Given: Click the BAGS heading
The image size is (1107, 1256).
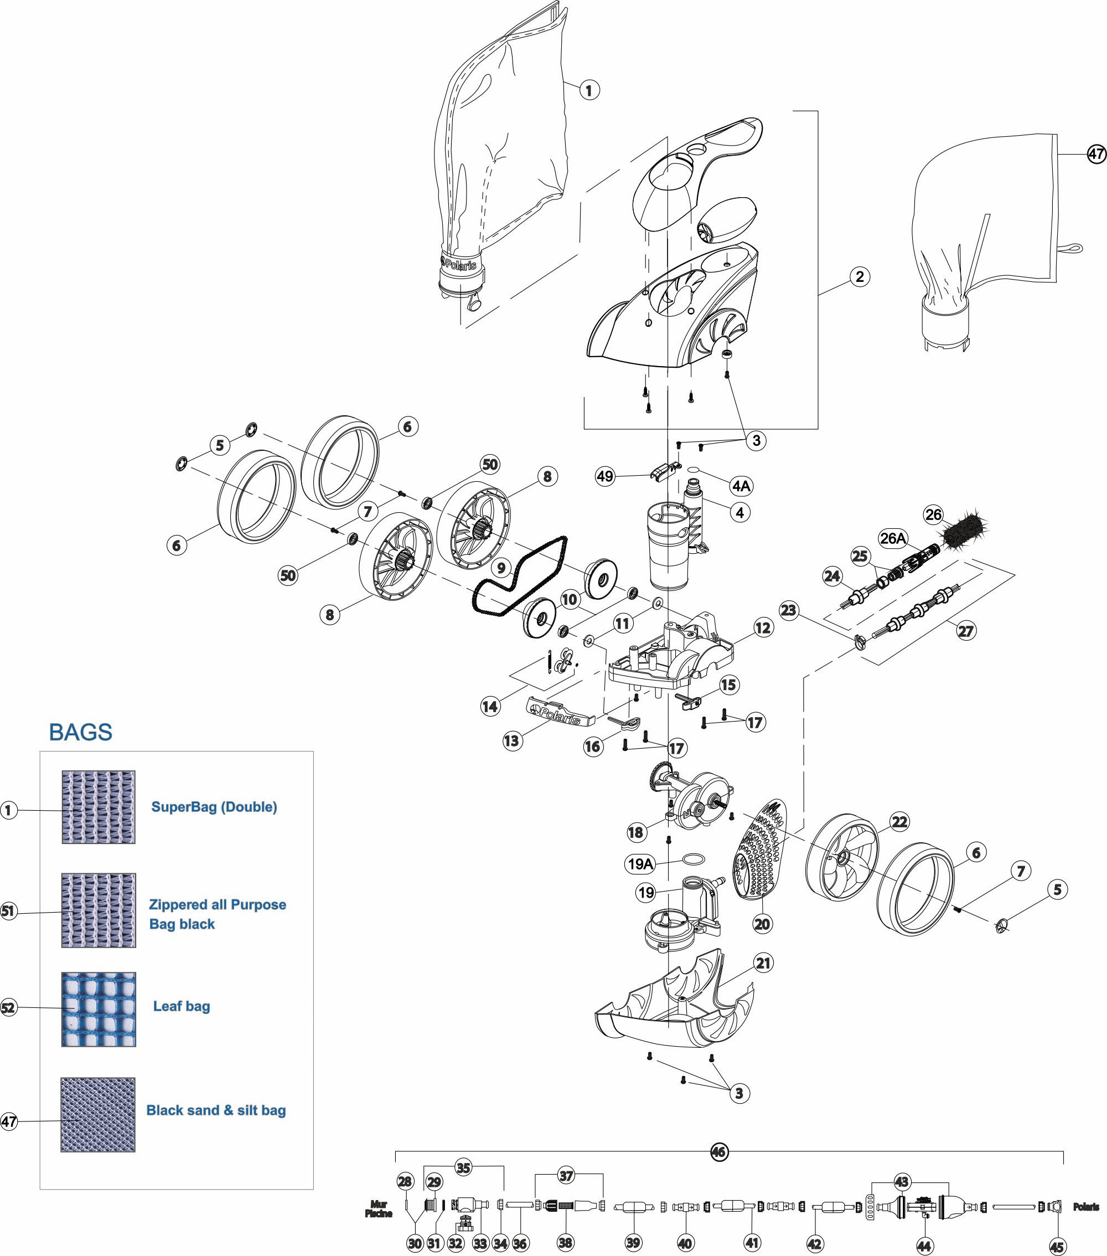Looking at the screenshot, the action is click(80, 732).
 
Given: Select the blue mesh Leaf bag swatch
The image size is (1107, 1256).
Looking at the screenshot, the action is click(99, 1009).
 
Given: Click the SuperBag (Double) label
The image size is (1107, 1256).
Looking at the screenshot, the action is click(214, 807).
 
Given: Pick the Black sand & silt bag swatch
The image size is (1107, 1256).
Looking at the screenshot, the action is click(97, 1114).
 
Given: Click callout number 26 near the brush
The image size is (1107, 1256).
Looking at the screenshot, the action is click(933, 514).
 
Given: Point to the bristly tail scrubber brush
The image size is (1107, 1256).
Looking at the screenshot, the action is click(965, 529).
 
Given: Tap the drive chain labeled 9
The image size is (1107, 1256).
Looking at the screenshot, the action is click(520, 575).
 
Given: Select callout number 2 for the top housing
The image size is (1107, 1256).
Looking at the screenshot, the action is click(860, 276).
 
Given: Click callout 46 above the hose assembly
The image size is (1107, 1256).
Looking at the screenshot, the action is click(719, 1151).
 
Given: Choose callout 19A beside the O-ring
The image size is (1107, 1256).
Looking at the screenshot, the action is click(639, 864).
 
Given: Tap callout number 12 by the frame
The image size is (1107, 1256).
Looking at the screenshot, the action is click(762, 627).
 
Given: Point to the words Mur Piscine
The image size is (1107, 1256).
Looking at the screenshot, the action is click(379, 1209).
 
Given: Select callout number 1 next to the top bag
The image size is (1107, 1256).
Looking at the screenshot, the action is click(589, 90).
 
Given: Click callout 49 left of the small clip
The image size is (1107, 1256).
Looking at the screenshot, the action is click(605, 476).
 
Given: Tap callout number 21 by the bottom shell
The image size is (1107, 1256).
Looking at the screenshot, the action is click(763, 963).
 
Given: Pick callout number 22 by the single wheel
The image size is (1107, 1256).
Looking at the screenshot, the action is click(899, 822).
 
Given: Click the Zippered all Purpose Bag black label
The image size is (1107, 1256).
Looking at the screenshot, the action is click(218, 914).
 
